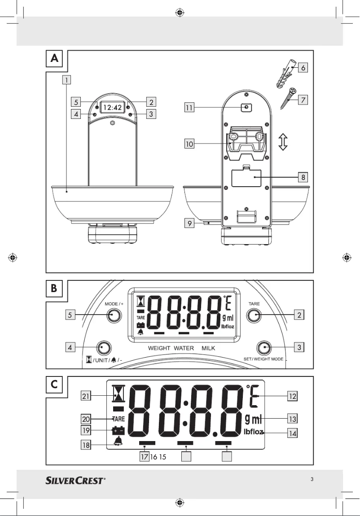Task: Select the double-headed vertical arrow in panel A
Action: point(283,142)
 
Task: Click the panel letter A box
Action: point(54,58)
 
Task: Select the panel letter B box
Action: point(54,289)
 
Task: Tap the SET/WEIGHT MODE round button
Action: point(264,348)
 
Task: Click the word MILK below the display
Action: point(208,348)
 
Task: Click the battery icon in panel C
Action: point(119,431)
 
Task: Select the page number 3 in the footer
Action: point(312,479)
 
